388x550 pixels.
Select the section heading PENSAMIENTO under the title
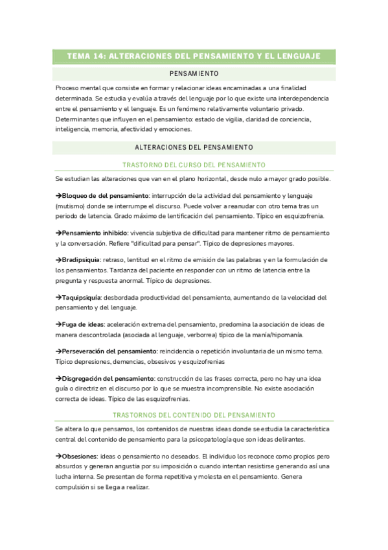tap(194, 73)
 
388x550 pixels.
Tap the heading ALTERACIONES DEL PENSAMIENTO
tap(194, 147)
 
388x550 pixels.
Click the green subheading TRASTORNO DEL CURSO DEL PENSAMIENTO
tap(194, 165)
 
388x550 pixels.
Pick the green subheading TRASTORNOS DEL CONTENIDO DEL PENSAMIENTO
tap(194, 414)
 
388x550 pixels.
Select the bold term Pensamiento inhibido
tap(94, 232)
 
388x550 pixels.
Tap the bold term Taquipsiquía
tap(82, 297)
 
